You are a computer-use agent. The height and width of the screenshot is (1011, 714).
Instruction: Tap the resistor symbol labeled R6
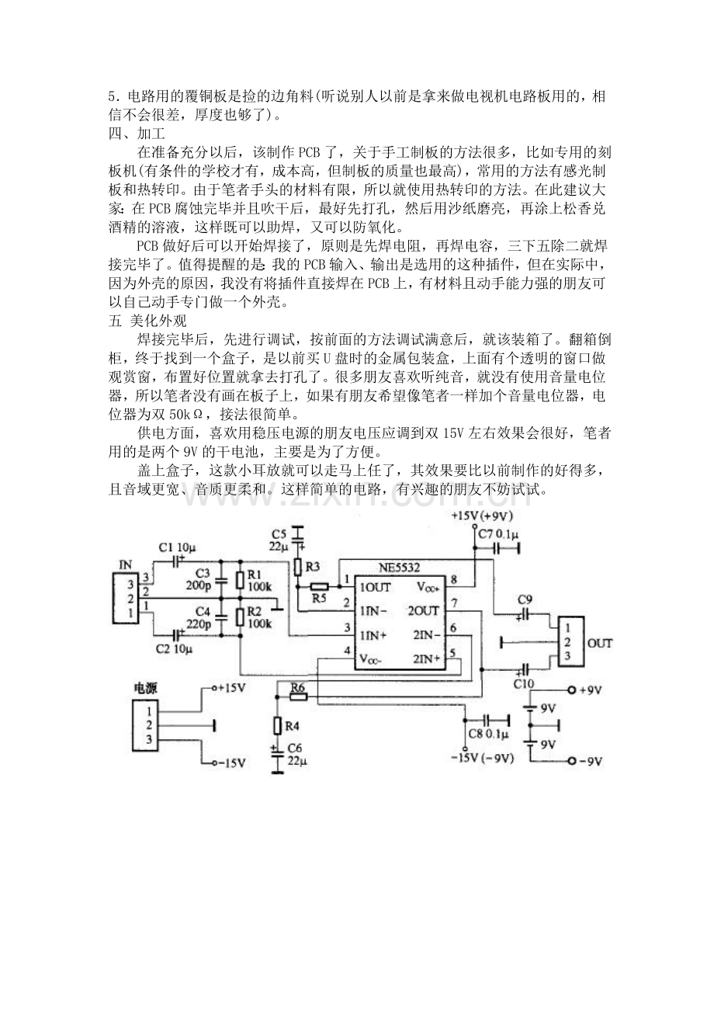point(299,697)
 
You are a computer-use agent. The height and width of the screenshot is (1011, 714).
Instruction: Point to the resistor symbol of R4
point(277,725)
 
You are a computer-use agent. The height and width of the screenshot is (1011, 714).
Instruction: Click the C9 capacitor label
point(525,599)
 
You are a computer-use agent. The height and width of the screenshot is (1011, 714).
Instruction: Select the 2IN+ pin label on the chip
point(428,658)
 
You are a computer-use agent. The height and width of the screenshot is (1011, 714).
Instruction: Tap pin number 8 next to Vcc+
point(454,579)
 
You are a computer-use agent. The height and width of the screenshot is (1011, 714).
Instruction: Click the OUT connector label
point(600,643)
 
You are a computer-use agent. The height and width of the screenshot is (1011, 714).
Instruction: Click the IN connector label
point(124,565)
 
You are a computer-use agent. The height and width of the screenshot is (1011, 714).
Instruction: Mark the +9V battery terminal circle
point(572,690)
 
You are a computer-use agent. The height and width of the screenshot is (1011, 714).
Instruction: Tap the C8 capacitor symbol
point(488,720)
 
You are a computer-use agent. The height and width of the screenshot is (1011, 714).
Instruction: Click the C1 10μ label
point(177,547)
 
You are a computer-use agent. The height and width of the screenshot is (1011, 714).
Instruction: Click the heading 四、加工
point(132,132)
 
